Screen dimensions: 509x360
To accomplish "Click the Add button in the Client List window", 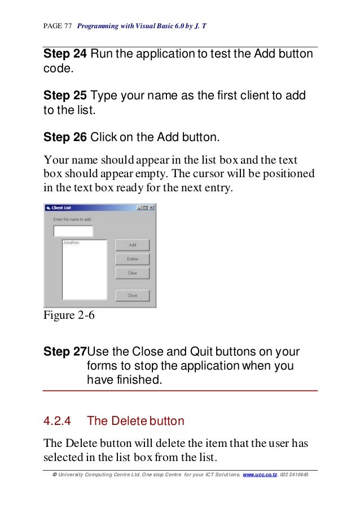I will click(x=133, y=245).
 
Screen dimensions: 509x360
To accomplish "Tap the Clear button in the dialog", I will click(x=133, y=273).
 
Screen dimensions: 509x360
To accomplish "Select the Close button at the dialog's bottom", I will click(x=133, y=295).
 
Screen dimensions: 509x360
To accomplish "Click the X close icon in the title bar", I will click(x=151, y=208).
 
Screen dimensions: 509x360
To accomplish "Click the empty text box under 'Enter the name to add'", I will click(x=73, y=230).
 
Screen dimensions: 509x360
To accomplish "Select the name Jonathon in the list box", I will click(x=71, y=243).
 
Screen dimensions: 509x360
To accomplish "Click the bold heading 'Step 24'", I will click(x=65, y=54).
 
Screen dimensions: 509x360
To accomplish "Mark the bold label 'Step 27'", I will click(x=64, y=352).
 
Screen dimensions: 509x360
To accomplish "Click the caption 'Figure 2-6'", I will click(x=69, y=315).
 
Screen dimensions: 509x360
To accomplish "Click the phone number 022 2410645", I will click(x=295, y=475).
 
